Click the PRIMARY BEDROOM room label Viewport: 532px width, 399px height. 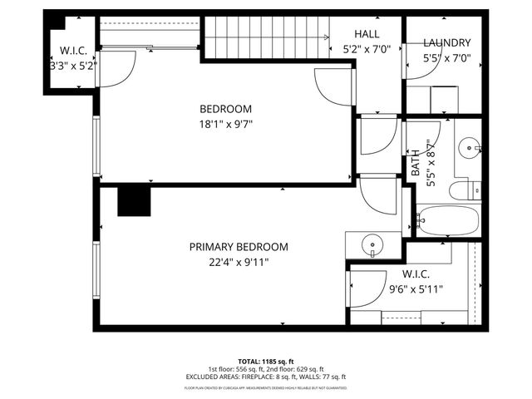tap(239, 247)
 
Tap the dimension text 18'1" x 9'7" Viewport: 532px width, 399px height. tap(225, 125)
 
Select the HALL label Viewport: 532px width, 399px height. tap(366, 34)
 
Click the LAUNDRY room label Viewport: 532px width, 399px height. tap(446, 43)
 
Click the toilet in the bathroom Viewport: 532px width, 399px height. tap(464, 191)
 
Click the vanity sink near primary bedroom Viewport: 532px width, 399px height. tap(372, 245)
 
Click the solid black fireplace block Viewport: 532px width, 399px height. tap(133, 201)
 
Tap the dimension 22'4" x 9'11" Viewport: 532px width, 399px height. tap(239, 262)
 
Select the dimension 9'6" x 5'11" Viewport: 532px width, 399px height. tap(416, 289)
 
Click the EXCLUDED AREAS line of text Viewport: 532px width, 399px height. tap(266, 377)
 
